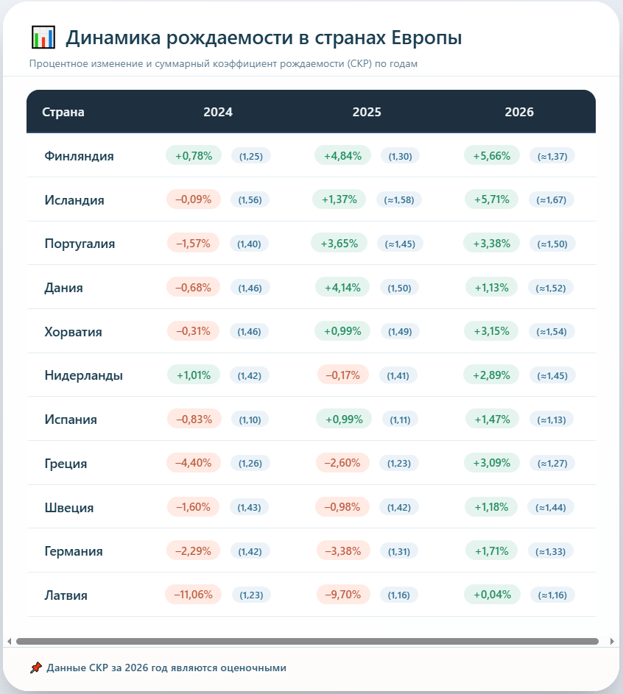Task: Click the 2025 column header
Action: pyautogui.click(x=367, y=112)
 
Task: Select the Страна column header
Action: pyautogui.click(x=63, y=112)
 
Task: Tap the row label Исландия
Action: pyautogui.click(x=74, y=200)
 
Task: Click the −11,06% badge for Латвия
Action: pyautogui.click(x=193, y=595)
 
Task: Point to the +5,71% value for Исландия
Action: pyautogui.click(x=491, y=199)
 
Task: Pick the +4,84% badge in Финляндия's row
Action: pyautogui.click(x=342, y=156)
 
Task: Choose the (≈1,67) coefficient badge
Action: pyautogui.click(x=552, y=200)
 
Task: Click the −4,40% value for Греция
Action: pyautogui.click(x=194, y=463)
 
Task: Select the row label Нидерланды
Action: pyautogui.click(x=84, y=375)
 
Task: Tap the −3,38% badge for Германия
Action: pyautogui.click(x=343, y=551)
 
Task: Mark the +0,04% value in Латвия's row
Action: pyautogui.click(x=492, y=595)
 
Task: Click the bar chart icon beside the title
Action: pyautogui.click(x=43, y=38)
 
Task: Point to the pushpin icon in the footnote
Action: pyautogui.click(x=36, y=668)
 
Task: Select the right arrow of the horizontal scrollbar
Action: pyautogui.click(x=612, y=641)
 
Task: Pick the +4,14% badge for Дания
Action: pyautogui.click(x=342, y=288)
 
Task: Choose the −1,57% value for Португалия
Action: pyautogui.click(x=193, y=244)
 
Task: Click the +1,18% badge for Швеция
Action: pyautogui.click(x=491, y=507)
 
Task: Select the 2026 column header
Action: pyautogui.click(x=519, y=112)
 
